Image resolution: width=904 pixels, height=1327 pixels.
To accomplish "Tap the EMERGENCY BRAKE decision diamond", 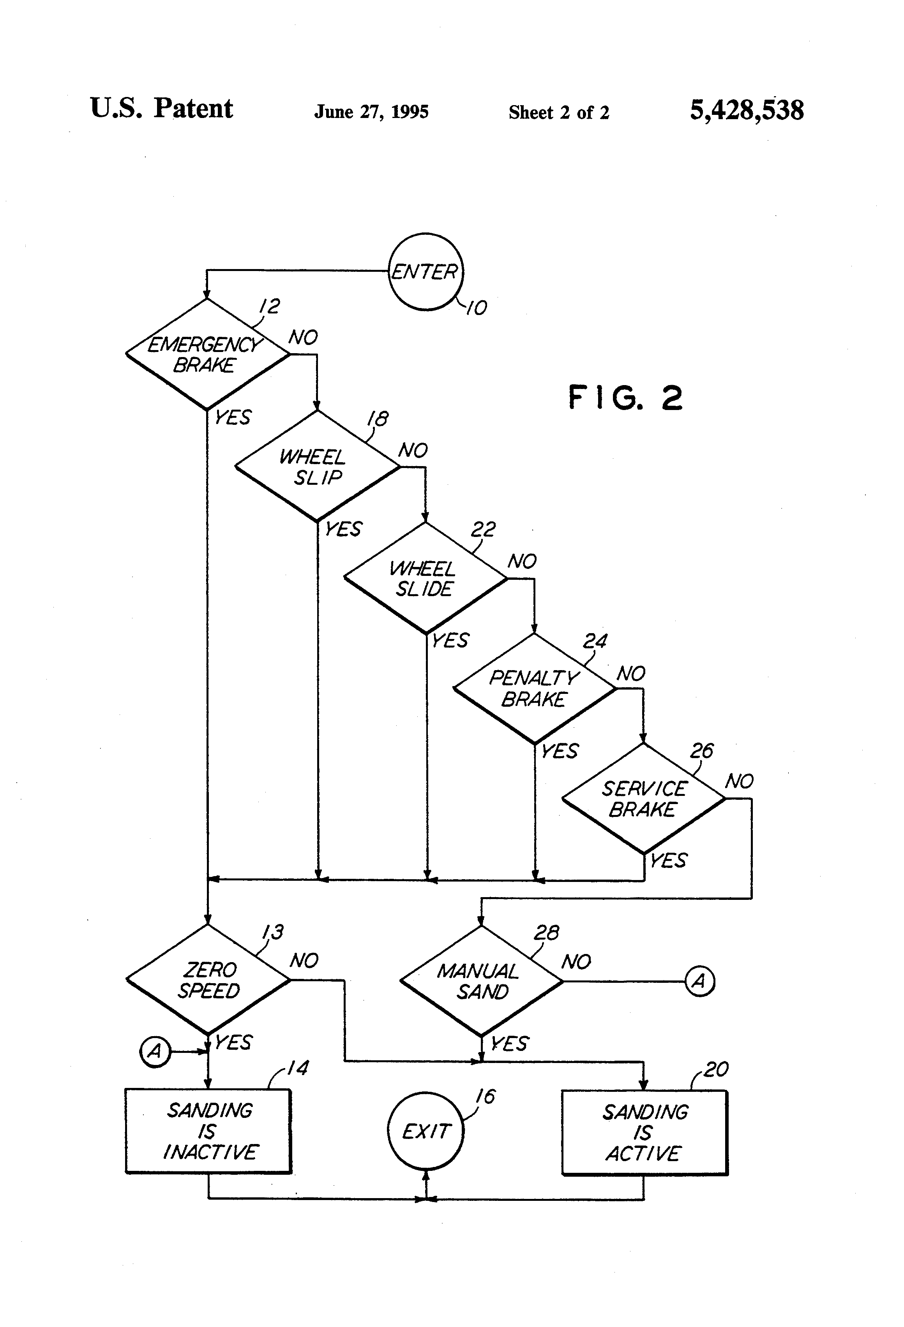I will [x=207, y=354].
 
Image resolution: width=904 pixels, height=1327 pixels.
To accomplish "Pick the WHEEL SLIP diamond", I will [x=317, y=466].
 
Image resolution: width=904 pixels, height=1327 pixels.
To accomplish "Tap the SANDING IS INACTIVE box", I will [x=208, y=1131].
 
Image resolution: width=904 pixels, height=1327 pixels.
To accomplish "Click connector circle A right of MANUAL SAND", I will [x=699, y=982].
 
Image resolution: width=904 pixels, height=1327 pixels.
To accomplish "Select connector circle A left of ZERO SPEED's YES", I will [x=155, y=1051].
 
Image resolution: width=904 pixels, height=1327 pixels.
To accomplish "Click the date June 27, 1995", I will [x=371, y=111].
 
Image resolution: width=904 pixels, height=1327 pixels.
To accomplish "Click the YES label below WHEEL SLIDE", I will [x=450, y=641].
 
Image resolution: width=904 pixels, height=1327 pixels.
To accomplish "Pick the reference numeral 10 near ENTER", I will [x=476, y=308].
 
